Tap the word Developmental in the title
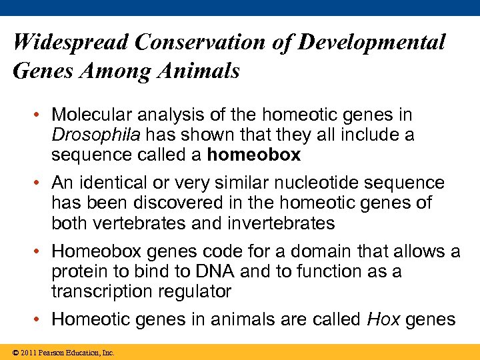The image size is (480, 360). [x=371, y=43]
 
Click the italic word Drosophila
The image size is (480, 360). [x=96, y=135]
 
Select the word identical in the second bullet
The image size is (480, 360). [x=113, y=183]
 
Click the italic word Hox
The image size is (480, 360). [x=383, y=319]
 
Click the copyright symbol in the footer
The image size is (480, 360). [x=16, y=352]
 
